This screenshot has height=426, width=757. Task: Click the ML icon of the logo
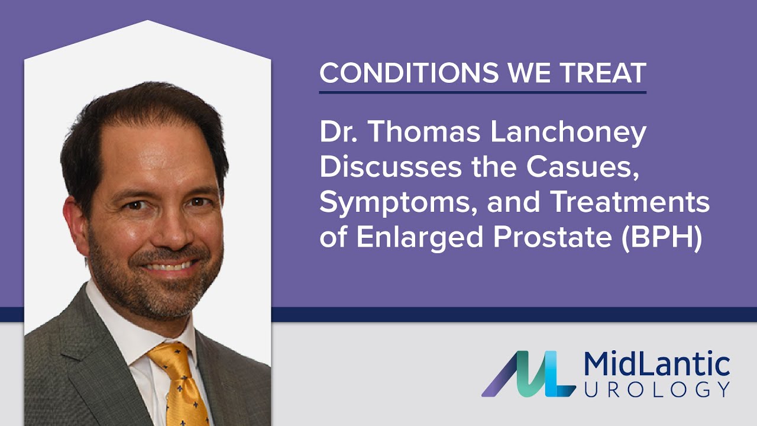click(528, 374)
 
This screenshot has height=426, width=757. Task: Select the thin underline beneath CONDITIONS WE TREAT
click(483, 92)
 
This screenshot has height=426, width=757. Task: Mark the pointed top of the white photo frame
click(147, 22)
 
